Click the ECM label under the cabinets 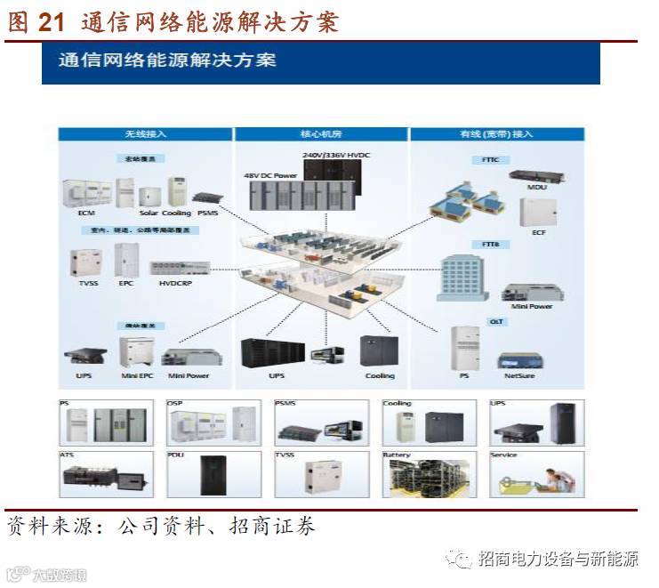point(86,213)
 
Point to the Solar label point(149,213)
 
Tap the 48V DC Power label point(270,175)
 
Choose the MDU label point(536,187)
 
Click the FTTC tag point(490,159)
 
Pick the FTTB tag point(491,244)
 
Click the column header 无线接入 point(145,134)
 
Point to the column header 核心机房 point(320,134)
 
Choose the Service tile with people point(535,473)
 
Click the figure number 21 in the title point(52,22)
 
